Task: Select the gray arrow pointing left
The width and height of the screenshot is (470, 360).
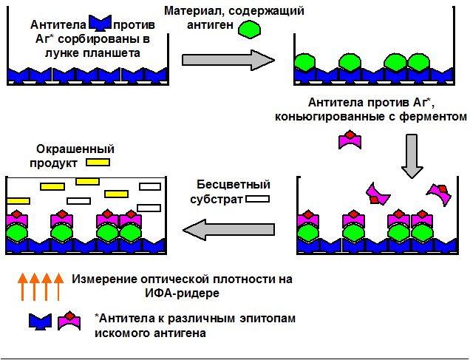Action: coord(229,231)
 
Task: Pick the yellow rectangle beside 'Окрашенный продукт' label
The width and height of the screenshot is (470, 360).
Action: coord(98,162)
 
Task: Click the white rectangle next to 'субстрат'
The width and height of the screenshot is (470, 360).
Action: coord(257,199)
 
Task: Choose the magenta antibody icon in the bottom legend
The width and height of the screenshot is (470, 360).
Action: coord(69,320)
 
